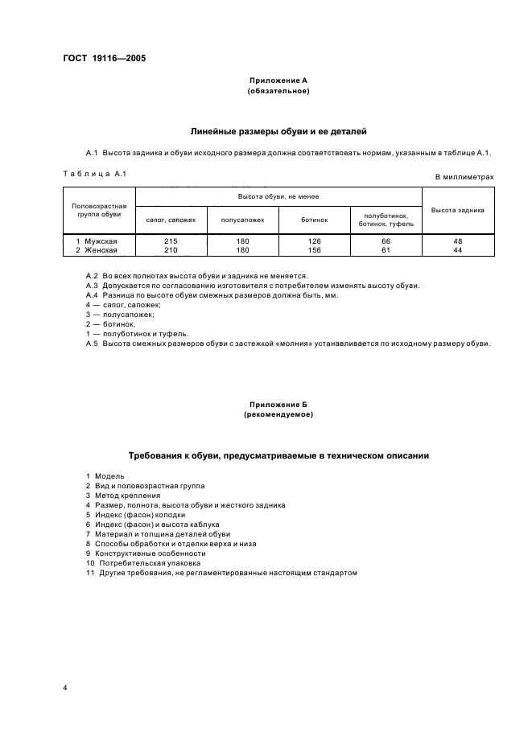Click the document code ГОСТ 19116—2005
click(99, 59)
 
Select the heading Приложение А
click(278, 81)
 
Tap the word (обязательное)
click(278, 91)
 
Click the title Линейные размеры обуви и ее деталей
click(278, 130)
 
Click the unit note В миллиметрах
click(464, 176)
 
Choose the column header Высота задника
click(458, 210)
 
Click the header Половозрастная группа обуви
click(98, 210)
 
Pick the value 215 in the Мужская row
click(171, 241)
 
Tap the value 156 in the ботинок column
click(314, 250)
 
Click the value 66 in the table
click(386, 241)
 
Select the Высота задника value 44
click(458, 250)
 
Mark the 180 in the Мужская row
click(243, 241)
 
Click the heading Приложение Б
click(278, 405)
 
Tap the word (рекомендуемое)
click(278, 415)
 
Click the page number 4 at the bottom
click(65, 689)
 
